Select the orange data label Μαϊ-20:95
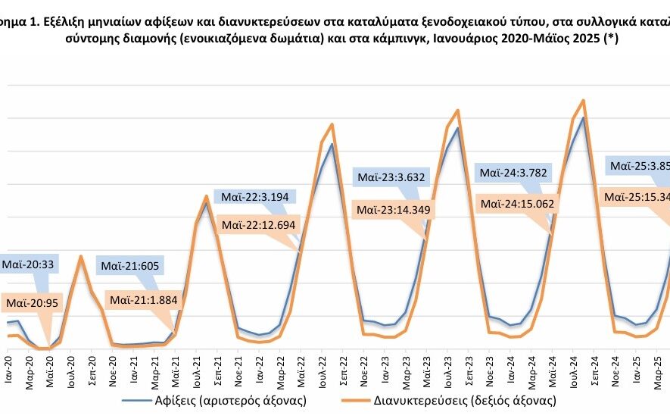[x=33, y=303]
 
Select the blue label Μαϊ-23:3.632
[x=391, y=179]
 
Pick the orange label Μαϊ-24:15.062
[x=519, y=204]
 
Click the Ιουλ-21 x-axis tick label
[x=196, y=369]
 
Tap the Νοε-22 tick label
[x=363, y=369]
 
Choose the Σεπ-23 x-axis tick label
[x=469, y=369]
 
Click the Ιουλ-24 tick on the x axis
[x=573, y=369]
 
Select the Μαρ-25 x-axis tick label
[x=657, y=369]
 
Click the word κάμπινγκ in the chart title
[x=471, y=42]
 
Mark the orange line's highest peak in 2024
[x=582, y=100]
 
